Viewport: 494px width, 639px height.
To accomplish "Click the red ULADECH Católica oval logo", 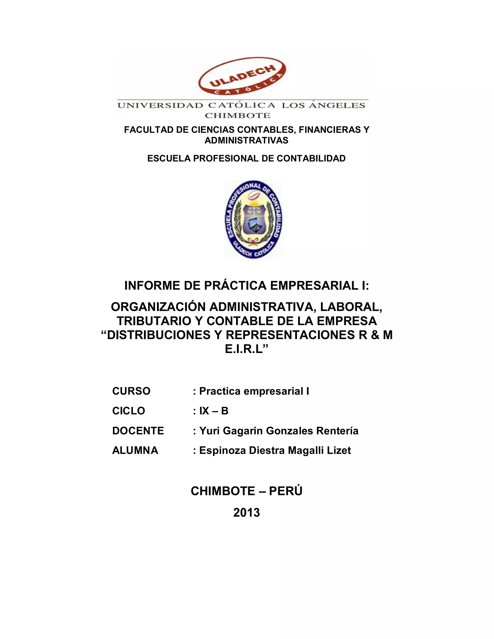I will click(242, 77).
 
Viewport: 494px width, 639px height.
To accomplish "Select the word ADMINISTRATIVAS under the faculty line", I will click(247, 140).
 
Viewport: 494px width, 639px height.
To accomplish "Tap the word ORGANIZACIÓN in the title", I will click(158, 307).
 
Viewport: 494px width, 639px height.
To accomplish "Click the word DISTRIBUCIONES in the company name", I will click(159, 335).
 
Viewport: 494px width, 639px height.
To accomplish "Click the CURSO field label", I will click(131, 391).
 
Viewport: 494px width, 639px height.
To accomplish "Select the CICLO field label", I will click(129, 411).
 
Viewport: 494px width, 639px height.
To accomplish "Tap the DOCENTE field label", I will click(138, 431).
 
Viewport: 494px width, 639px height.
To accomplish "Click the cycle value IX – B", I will click(214, 411).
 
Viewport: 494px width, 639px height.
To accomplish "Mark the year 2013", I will click(247, 513).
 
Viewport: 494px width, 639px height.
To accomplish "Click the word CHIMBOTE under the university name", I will click(237, 116).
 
